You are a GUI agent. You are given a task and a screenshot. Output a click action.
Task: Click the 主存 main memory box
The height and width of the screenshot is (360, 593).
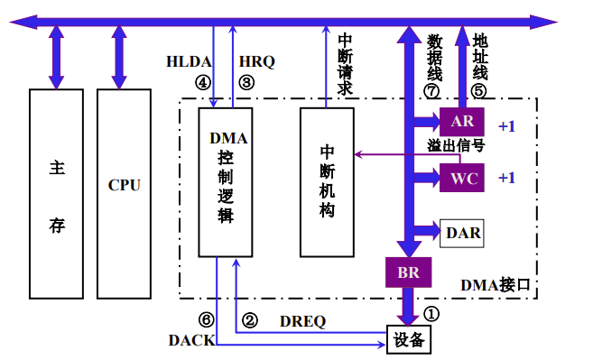tap(57, 194)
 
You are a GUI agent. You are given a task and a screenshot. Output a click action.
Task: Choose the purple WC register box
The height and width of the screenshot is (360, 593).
tap(462, 178)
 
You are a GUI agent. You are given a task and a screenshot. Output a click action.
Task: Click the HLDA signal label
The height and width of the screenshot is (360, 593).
tap(190, 62)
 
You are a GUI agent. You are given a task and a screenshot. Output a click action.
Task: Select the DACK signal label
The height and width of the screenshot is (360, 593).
tap(191, 339)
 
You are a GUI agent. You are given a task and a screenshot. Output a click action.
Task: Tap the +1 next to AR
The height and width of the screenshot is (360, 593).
tap(506, 125)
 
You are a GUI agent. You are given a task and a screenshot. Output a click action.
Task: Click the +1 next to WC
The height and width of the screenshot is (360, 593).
tap(506, 178)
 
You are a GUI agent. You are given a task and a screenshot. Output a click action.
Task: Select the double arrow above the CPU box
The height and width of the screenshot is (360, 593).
tap(119, 56)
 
